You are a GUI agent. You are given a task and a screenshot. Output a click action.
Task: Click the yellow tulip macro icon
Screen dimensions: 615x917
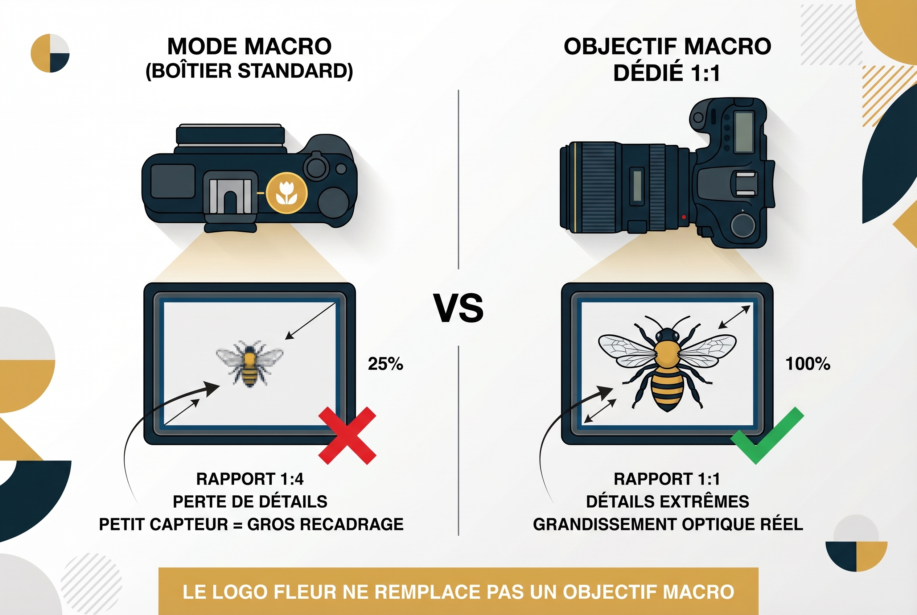(x=287, y=193)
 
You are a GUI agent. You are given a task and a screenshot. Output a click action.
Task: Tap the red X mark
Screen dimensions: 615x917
(x=347, y=436)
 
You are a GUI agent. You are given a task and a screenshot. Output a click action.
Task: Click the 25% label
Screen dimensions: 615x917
(x=385, y=364)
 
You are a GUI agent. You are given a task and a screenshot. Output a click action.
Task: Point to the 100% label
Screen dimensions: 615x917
(x=807, y=364)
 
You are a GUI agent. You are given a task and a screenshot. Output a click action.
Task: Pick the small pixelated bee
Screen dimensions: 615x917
(x=250, y=363)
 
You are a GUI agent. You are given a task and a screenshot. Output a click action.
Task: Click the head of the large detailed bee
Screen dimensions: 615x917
(x=667, y=336)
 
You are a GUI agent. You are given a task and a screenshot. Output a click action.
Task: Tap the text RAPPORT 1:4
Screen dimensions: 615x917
(x=250, y=479)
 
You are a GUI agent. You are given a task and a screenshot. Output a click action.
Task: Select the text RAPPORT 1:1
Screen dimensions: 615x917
(x=667, y=479)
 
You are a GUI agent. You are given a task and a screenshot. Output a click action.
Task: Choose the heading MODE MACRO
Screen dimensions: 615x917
(x=249, y=46)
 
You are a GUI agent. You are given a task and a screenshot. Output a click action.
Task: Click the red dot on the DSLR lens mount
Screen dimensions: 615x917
(x=684, y=217)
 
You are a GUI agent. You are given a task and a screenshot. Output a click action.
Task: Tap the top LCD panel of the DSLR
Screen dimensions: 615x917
(x=744, y=132)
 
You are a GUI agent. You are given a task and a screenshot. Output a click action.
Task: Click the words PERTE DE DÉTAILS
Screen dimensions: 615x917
(x=250, y=502)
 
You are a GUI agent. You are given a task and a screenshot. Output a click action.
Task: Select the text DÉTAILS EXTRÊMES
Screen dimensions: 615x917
(x=667, y=502)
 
